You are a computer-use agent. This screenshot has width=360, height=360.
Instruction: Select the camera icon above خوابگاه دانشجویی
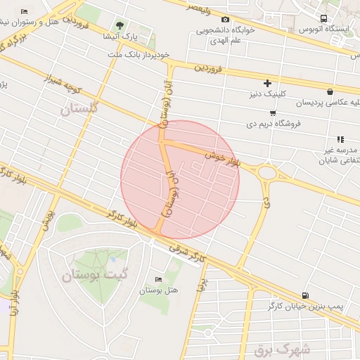225,20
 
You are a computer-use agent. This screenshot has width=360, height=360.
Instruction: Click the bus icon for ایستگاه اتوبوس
323,18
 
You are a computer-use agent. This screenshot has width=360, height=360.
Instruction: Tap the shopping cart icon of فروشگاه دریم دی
272,112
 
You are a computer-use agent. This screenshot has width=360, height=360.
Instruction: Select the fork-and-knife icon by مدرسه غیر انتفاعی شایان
340,139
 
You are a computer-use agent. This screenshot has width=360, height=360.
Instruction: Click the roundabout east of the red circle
267,172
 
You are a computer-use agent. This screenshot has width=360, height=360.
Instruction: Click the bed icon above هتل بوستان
157,279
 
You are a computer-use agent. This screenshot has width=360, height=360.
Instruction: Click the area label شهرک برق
297,347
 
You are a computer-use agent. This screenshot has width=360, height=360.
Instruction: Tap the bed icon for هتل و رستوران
25,12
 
